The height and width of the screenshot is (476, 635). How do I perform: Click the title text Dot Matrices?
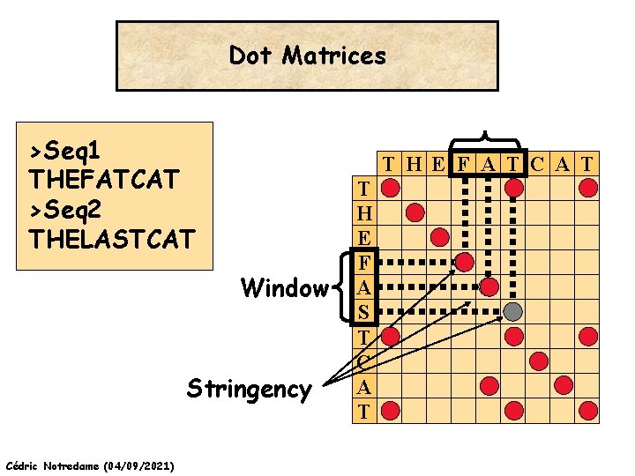tap(307, 56)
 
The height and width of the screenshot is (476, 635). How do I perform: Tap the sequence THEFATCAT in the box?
tap(104, 179)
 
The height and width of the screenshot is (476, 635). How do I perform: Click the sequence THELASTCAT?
tap(110, 239)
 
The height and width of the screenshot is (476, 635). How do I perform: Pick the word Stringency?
tap(249, 389)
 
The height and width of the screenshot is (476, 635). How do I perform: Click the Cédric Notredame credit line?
tap(89, 465)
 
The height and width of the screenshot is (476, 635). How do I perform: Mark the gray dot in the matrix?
tap(513, 311)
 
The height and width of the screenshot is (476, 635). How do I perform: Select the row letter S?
tap(362, 311)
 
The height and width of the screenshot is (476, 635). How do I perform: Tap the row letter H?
tap(362, 212)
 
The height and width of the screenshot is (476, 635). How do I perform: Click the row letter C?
tap(362, 361)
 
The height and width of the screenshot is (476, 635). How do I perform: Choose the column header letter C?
tap(538, 163)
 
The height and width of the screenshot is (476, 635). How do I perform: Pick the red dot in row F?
tap(464, 262)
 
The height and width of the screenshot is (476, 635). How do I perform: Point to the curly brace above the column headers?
tap(483, 141)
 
